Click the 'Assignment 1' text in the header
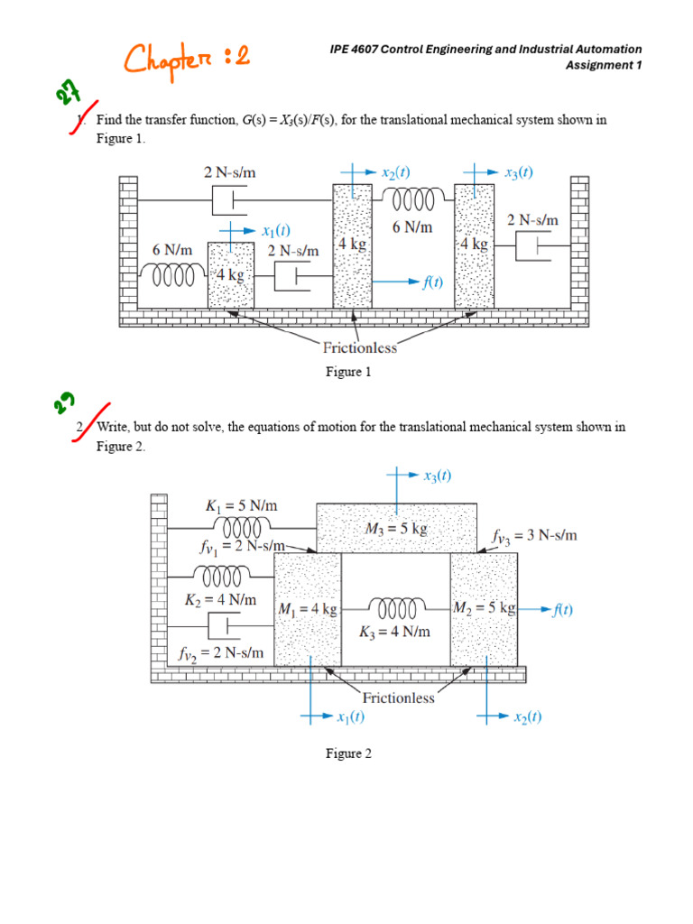point(604,65)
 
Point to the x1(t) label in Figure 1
point(276,230)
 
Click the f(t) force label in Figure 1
point(432,282)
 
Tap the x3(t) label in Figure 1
point(519,172)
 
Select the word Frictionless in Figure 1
point(359,347)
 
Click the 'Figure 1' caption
point(348,372)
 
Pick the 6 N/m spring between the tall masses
point(411,199)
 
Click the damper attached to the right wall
point(533,245)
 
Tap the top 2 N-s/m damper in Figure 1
point(230,200)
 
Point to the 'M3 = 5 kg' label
point(396,528)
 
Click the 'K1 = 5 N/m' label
point(241,505)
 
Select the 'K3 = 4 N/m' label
point(394,632)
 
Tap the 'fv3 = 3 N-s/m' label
point(534,536)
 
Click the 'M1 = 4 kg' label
point(308,609)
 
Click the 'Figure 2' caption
point(349,753)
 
